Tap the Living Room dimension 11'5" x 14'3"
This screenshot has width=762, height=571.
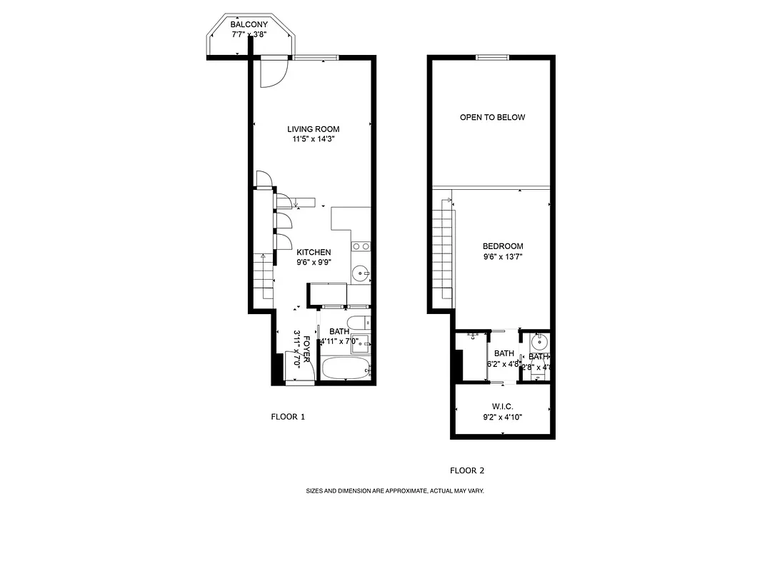pos(314,139)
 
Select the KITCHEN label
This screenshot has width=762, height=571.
pos(314,252)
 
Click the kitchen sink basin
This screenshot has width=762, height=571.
pos(361,272)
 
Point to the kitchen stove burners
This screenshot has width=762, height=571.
pos(361,246)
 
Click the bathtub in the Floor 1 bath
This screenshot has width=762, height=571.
pos(345,370)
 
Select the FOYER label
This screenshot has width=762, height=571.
pos(307,350)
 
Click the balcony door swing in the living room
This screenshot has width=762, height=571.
pos(273,71)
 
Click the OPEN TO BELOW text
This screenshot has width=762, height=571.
pos(492,117)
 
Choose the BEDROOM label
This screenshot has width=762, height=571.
pos(503,246)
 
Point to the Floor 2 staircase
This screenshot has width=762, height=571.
pos(443,250)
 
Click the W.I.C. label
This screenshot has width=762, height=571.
pos(503,406)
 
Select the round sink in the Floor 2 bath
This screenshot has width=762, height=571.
pos(540,340)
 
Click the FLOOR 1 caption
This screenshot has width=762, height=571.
pos(288,417)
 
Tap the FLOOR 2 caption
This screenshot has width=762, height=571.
pos(467,470)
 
